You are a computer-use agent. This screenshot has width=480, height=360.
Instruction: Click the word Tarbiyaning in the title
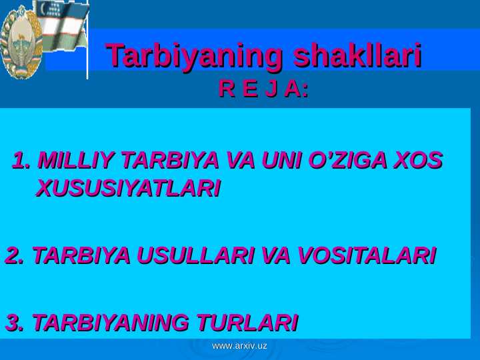[194, 57]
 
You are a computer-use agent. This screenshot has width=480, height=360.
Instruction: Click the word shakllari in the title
[357, 55]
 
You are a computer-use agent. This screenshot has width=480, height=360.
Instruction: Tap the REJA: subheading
[263, 89]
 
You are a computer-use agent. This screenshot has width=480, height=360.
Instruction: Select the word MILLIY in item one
[75, 160]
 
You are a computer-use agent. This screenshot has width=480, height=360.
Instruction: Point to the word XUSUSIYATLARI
[129, 188]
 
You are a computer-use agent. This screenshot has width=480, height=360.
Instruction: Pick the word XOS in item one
[418, 160]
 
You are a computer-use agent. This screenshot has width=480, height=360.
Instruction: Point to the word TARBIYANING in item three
[110, 323]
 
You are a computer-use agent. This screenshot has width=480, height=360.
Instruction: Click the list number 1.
[21, 160]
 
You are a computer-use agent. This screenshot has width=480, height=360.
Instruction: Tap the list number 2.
[15, 255]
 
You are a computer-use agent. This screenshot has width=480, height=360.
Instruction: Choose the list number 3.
[15, 323]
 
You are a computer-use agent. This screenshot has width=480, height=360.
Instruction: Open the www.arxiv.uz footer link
[240, 346]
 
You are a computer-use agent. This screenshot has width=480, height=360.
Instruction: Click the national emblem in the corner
[21, 42]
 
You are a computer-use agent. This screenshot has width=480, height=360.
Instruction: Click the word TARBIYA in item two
[81, 255]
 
